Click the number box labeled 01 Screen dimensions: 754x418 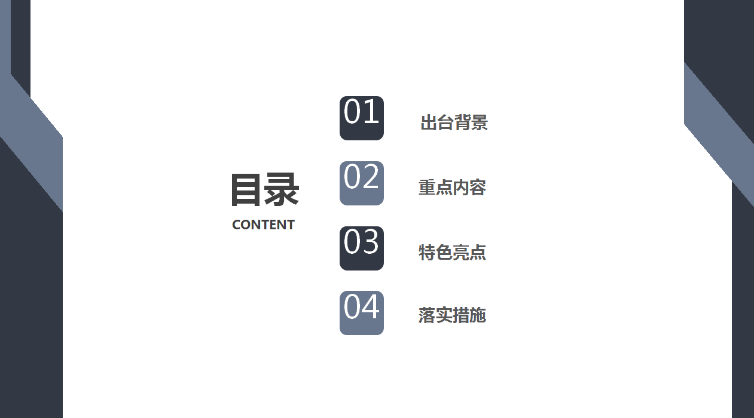tap(362, 118)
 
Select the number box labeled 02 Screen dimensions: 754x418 tap(362, 183)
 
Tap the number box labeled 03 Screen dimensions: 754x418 tap(362, 248)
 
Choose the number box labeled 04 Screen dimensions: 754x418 tap(362, 313)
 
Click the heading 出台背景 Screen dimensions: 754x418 tap(454, 122)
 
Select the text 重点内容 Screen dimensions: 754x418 tap(453, 188)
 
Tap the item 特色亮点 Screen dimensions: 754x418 tap(453, 252)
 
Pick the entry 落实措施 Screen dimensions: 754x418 tap(453, 315)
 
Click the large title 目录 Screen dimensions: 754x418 tap(265, 189)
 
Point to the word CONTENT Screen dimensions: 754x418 tap(263, 225)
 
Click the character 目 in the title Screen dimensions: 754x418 tap(246, 189)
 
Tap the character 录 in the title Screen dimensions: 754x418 tap(282, 189)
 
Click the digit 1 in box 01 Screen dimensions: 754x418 tap(371, 111)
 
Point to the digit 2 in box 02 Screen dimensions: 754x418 tap(371, 176)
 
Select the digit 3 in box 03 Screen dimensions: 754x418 tap(371, 241)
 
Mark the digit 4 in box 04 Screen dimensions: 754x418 tap(371, 306)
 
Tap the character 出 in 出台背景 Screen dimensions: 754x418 tap(429, 122)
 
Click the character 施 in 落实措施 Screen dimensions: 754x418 tap(478, 315)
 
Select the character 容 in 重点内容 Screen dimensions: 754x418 tap(478, 188)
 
